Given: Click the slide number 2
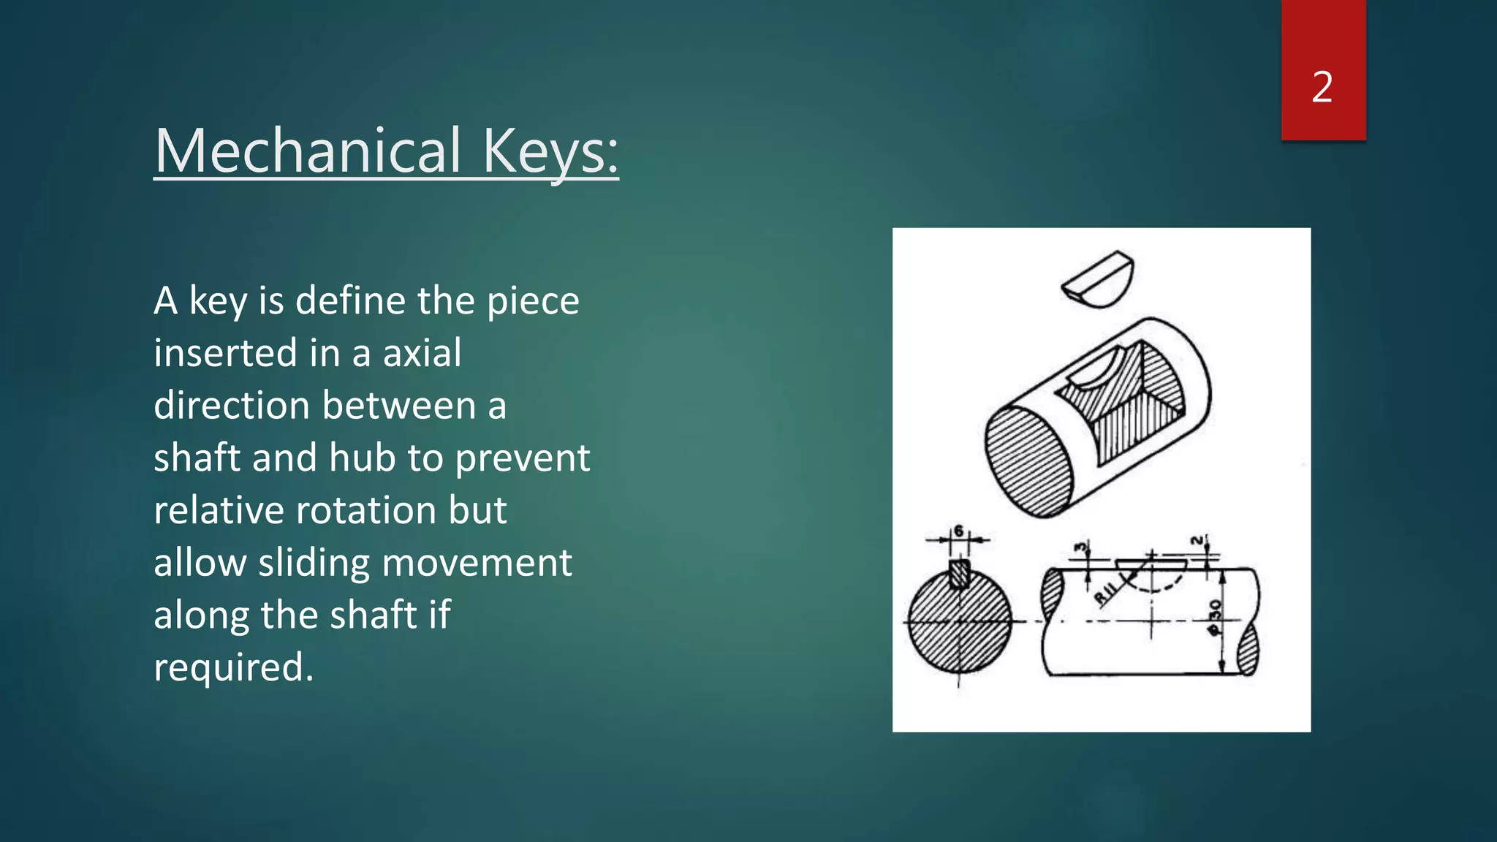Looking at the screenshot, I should (1322, 87).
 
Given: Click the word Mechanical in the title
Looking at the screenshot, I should (308, 151).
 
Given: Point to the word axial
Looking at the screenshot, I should (422, 353).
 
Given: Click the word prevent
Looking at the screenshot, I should (522, 458).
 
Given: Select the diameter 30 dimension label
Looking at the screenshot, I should (1214, 618).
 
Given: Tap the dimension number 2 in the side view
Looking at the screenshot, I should (1196, 541).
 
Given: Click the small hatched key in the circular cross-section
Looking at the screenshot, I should (959, 574).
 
